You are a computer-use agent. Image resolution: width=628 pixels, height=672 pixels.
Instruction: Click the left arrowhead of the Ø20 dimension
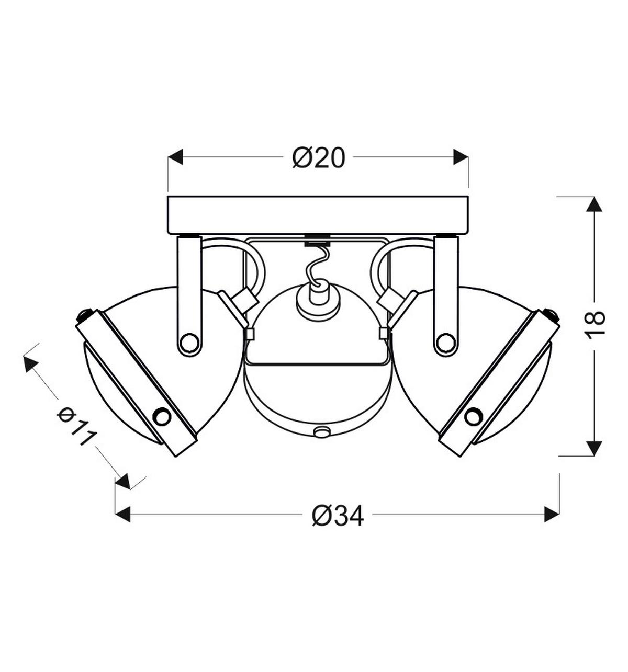(175, 157)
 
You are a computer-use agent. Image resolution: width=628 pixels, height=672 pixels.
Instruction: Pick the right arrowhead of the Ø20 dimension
(461, 157)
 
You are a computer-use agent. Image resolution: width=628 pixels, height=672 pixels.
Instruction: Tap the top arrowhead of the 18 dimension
(594, 204)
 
